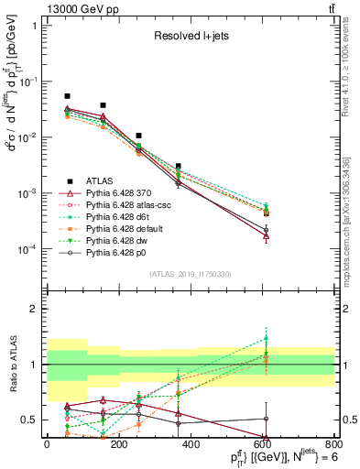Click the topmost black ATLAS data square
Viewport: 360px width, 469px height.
point(67,96)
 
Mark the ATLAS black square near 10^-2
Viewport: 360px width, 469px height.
point(138,136)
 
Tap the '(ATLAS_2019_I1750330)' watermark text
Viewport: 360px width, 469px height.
point(190,274)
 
